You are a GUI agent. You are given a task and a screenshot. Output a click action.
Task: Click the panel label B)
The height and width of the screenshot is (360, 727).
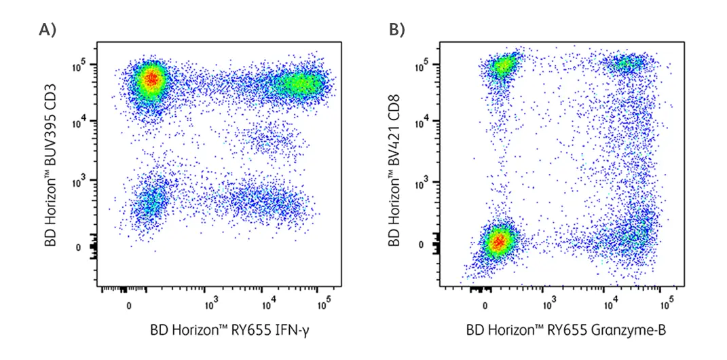pyautogui.click(x=396, y=30)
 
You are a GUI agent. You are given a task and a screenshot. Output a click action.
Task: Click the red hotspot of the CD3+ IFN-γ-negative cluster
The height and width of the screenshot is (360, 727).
pyautogui.click(x=151, y=79)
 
